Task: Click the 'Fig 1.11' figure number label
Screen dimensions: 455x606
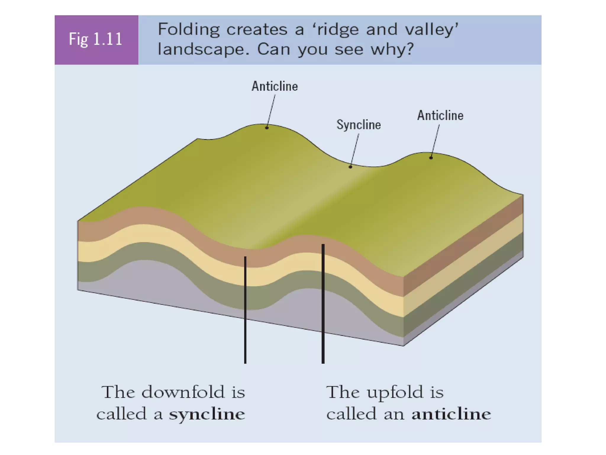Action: (96, 39)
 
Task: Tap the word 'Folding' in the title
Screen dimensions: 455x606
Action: (189, 30)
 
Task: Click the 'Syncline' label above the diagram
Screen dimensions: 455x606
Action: (359, 125)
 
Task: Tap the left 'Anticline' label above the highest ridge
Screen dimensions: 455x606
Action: (275, 86)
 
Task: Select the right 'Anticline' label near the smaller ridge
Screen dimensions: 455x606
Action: (440, 116)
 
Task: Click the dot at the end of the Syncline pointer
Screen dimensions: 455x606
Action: (350, 167)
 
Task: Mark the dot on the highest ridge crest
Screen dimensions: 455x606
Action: (267, 128)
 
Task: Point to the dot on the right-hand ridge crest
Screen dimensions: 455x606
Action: (431, 158)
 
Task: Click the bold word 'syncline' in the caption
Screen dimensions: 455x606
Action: (207, 414)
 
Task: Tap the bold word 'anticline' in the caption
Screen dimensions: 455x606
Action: (451, 414)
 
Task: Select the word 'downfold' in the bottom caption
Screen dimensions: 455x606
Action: (183, 392)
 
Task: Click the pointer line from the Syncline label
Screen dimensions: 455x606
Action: (355, 150)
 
